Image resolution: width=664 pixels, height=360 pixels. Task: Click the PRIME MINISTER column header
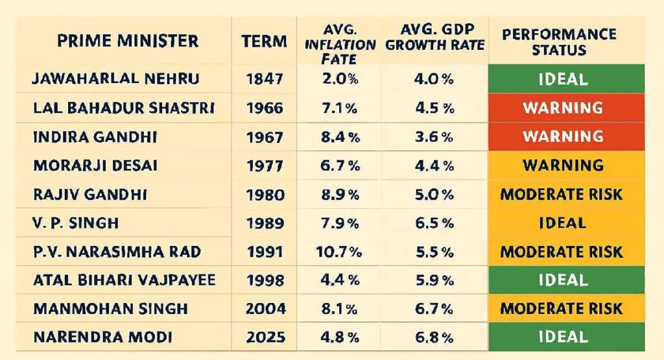coord(128,41)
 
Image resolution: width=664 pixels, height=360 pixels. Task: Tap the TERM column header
coord(265,42)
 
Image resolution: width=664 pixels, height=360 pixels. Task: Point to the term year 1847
coord(265,80)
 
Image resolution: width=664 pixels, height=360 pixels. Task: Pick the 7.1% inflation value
coord(340,108)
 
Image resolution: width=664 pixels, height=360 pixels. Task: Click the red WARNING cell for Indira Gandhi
coord(563,136)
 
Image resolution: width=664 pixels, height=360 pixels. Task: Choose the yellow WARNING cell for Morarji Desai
coord(563,165)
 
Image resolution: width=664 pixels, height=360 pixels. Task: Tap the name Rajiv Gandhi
coord(91,194)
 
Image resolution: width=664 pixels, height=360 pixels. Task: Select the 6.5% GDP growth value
coord(434,222)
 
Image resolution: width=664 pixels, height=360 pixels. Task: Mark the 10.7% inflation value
coord(340,251)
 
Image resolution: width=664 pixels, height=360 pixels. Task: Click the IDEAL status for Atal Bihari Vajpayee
coord(563,280)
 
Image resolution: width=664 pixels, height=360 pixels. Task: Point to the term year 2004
coord(265,308)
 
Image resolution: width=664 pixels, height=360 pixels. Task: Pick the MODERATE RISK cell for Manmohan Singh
coord(562,308)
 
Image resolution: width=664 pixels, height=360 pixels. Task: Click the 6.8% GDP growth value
coord(434,337)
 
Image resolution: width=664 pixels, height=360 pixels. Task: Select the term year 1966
coord(265,108)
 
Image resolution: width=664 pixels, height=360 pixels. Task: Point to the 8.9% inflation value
coord(340,194)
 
